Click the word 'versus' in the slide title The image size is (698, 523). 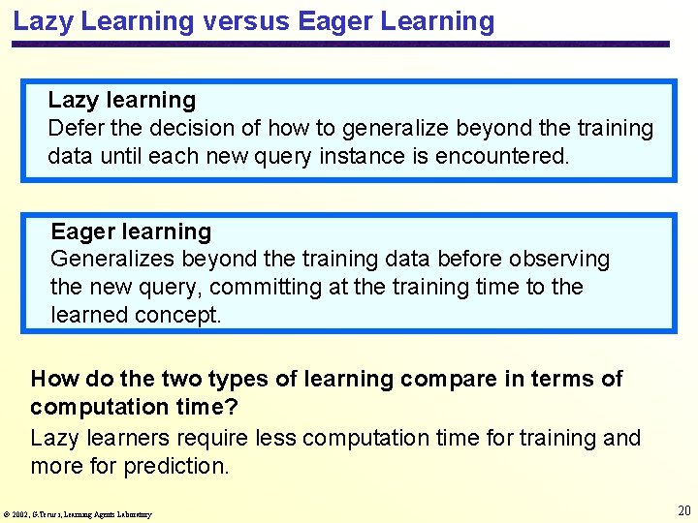(x=248, y=21)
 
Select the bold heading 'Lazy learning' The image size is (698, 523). (x=122, y=100)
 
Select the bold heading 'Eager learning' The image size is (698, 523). (x=131, y=231)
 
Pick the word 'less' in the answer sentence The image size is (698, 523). (x=278, y=438)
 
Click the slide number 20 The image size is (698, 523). (x=683, y=510)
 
